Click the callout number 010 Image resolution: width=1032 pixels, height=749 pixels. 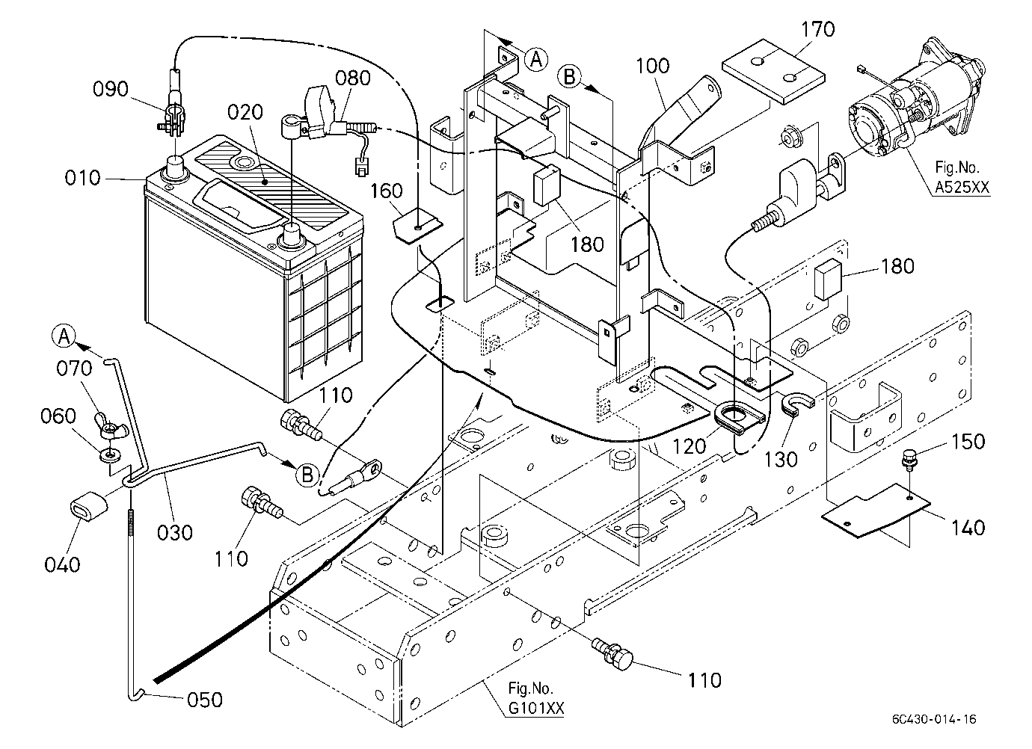click(x=82, y=178)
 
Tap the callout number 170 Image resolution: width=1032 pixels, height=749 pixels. click(x=818, y=29)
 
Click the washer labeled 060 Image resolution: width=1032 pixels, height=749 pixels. click(x=110, y=455)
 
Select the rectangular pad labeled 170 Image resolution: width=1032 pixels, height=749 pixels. click(x=773, y=72)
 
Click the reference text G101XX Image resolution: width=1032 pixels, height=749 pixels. click(x=535, y=708)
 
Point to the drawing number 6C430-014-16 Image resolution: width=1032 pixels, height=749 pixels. click(x=934, y=719)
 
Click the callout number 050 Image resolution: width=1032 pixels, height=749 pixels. click(x=205, y=700)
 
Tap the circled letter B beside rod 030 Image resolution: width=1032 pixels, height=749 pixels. click(x=307, y=475)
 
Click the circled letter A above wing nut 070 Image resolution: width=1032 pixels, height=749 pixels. click(x=64, y=336)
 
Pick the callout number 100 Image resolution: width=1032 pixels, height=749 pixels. click(x=652, y=66)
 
